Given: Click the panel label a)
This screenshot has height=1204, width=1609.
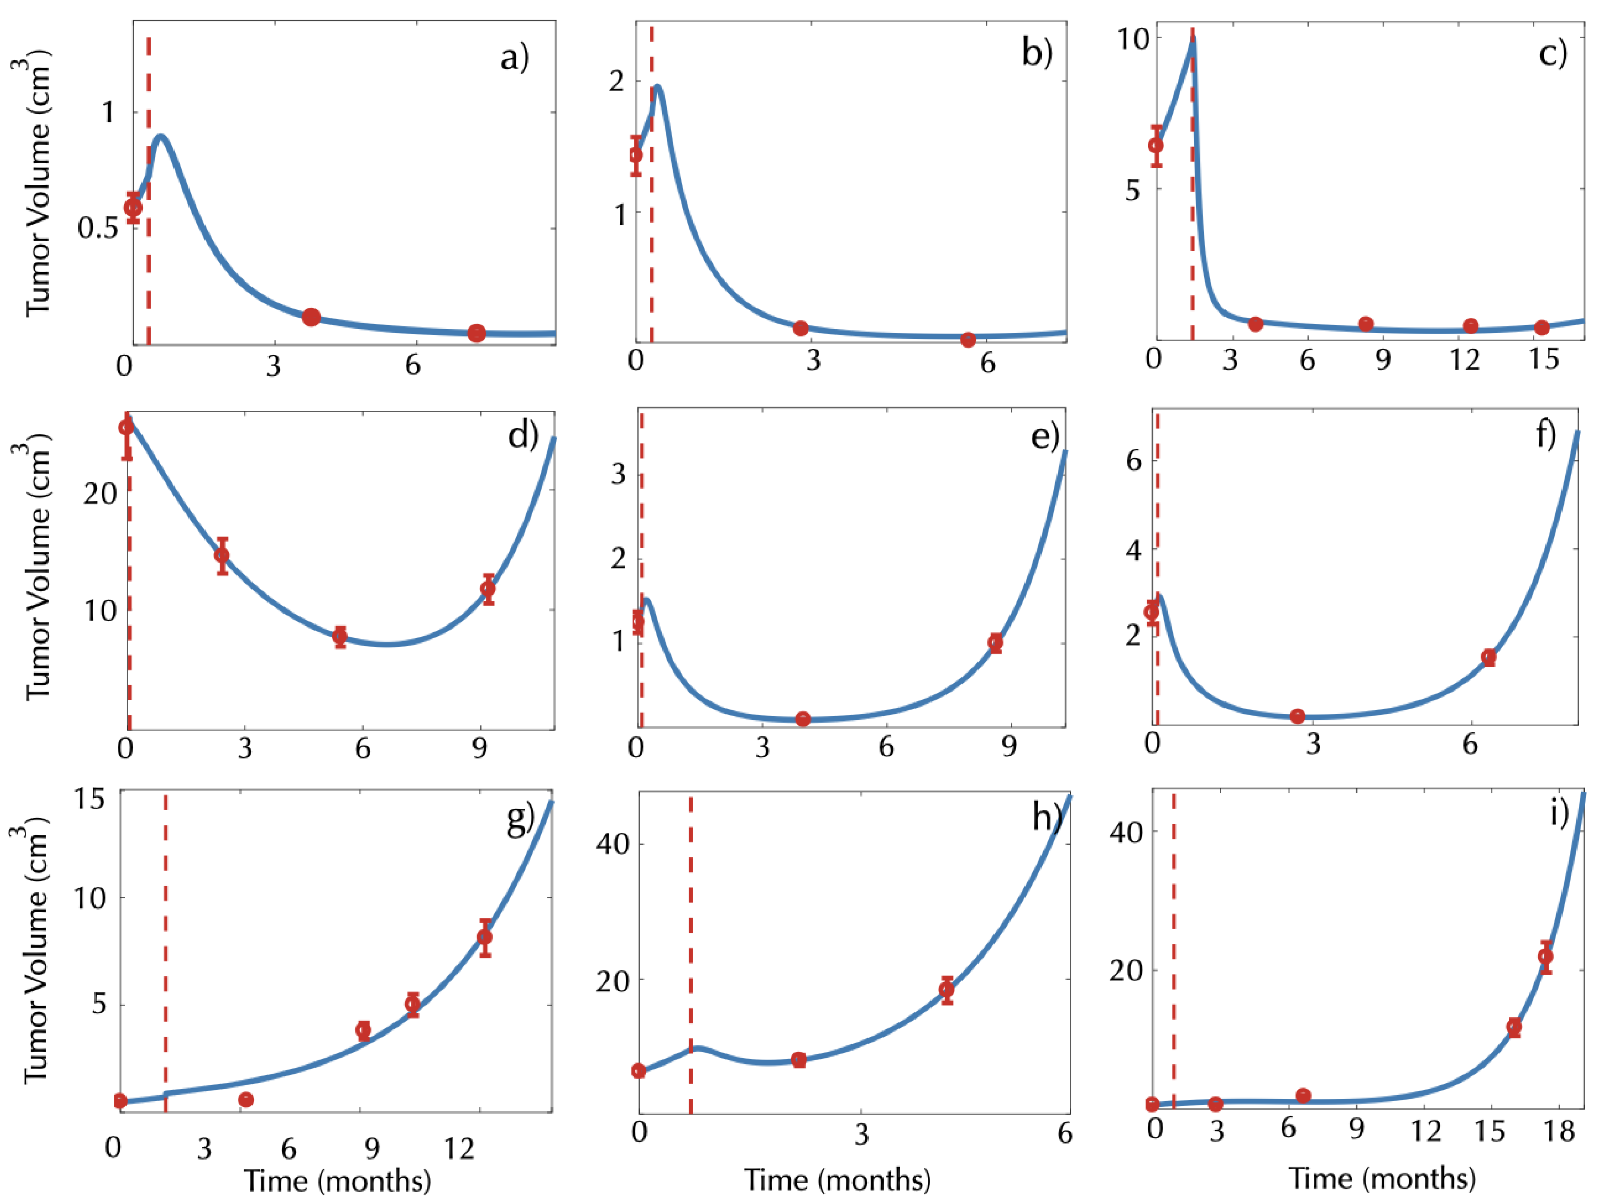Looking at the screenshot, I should (x=514, y=57).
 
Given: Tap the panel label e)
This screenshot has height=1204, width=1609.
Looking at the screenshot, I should (x=1045, y=436).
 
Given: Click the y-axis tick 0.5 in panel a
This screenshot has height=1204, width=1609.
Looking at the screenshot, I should (x=98, y=228).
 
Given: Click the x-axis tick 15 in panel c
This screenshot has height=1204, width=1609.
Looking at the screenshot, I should (x=1543, y=358).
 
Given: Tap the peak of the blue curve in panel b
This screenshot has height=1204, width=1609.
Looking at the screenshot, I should (x=657, y=87).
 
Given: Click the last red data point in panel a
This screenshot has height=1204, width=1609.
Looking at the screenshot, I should (x=477, y=333).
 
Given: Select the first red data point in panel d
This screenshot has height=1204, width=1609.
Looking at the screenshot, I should (x=127, y=428).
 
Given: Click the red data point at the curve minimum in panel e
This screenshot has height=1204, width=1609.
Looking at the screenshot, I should (x=802, y=719).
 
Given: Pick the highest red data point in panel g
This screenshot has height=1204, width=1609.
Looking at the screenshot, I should (x=484, y=937).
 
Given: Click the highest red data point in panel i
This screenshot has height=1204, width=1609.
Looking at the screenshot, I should (x=1545, y=956).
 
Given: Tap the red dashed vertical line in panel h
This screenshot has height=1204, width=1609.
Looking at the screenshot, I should (x=690, y=946).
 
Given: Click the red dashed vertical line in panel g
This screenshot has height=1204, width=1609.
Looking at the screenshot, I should (x=166, y=946).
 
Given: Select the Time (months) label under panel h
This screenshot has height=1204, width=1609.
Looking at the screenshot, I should (x=837, y=1179).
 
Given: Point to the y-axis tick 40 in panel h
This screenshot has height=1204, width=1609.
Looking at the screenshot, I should (x=612, y=844).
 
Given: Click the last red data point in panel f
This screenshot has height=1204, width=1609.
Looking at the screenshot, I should (x=1489, y=657).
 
